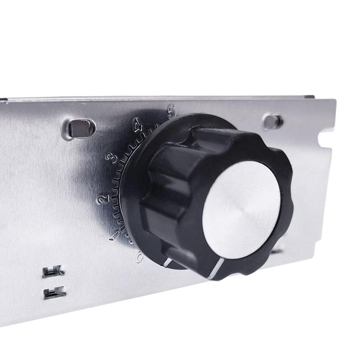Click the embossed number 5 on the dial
pos(171,112)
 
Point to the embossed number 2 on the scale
pos(103,198)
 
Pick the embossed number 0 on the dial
pos(139,258)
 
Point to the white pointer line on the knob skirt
pos(167,262)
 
